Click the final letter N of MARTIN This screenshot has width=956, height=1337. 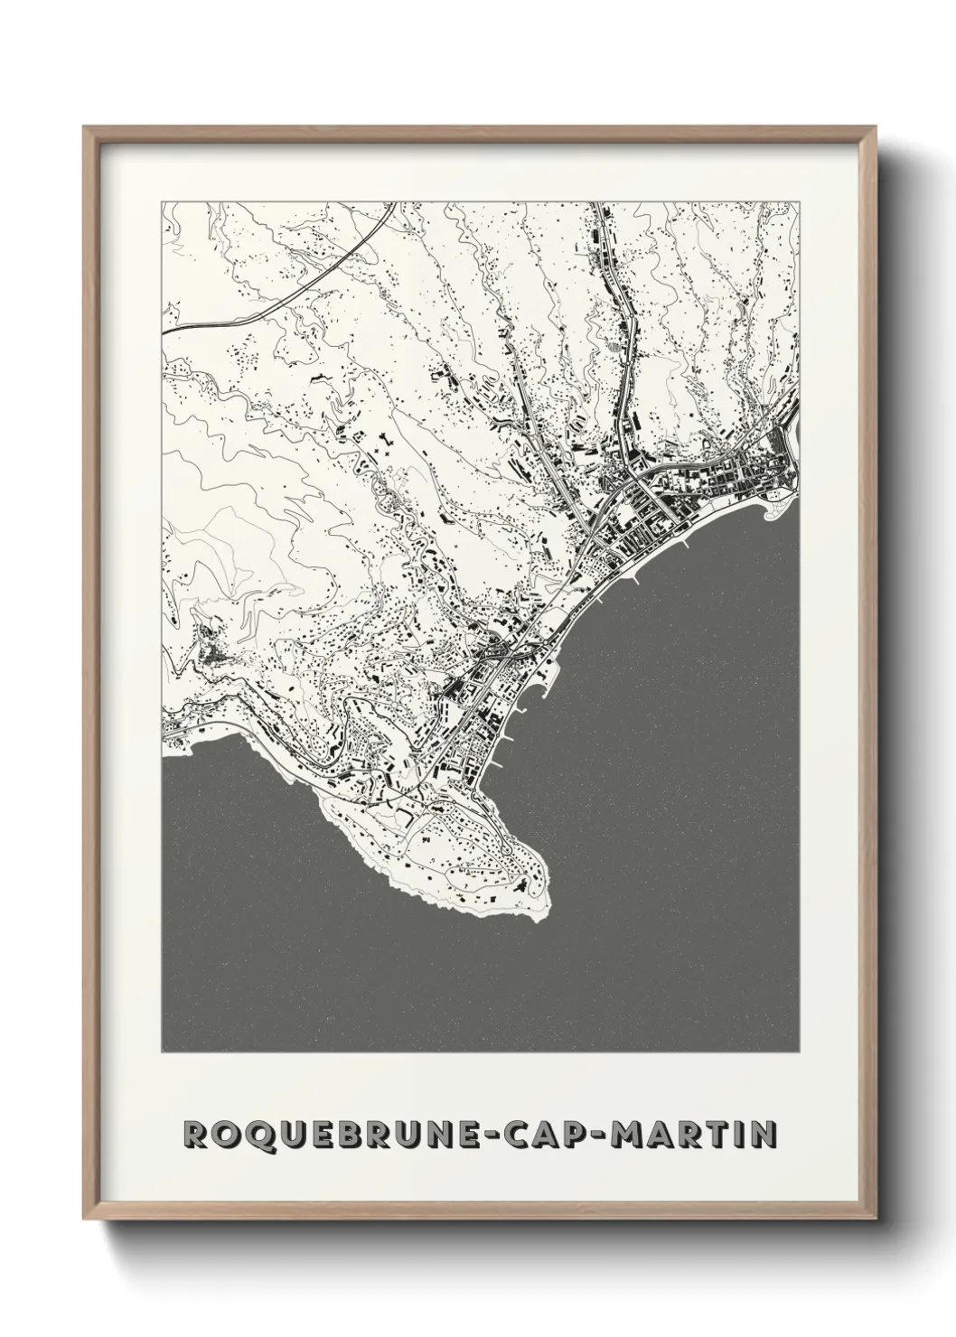coord(764,1134)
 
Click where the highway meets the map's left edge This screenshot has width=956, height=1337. coord(164,332)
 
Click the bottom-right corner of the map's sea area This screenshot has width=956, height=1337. coord(800,1052)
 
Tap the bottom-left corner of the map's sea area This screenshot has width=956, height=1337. coord(163,1052)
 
